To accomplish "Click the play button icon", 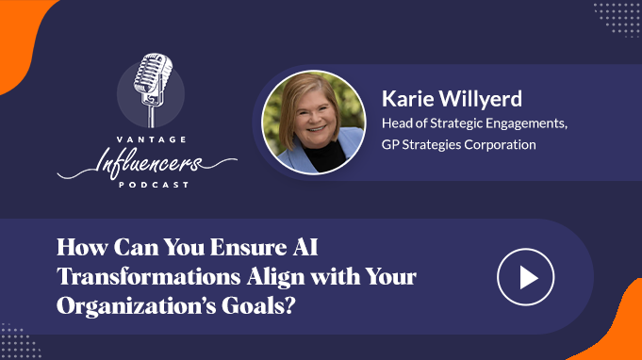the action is pos(526,277).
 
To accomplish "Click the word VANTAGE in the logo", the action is pos(152,139).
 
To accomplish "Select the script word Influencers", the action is pos(147,162).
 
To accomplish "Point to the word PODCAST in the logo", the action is pos(154,185).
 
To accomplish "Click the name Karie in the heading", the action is pos(408,99).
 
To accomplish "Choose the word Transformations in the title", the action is pos(149,276).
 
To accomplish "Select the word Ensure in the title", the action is pos(249,247).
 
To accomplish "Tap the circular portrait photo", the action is pos(314,123).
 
